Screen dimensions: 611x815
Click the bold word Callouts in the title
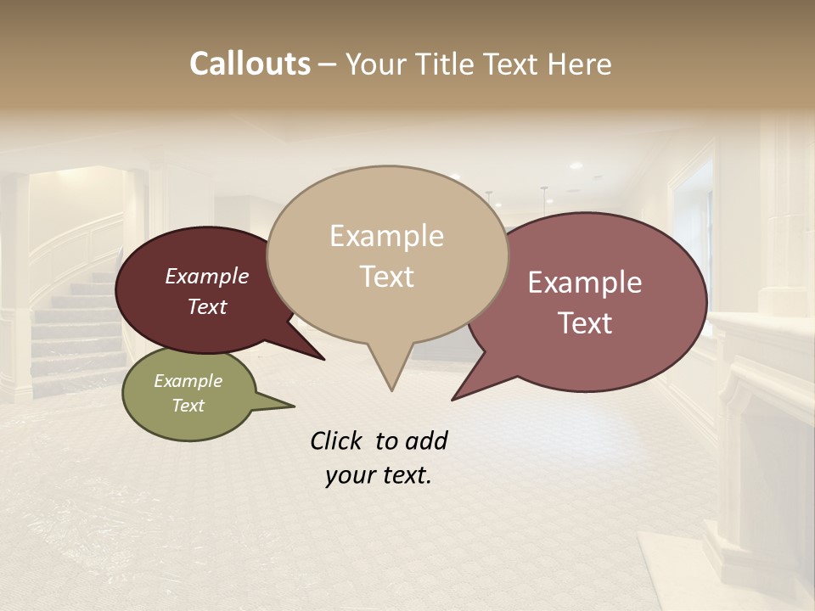[x=250, y=64]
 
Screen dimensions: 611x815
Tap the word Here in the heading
[x=581, y=64]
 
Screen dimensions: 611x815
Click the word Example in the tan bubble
[x=386, y=236]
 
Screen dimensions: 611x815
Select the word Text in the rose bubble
[x=585, y=323]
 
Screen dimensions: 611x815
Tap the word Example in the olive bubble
[x=188, y=381]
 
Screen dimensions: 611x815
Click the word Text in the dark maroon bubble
[x=206, y=307]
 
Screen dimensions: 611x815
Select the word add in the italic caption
[x=426, y=440]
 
